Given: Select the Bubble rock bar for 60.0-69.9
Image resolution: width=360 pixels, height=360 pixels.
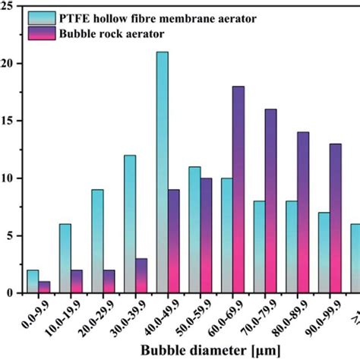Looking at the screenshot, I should click(238, 190).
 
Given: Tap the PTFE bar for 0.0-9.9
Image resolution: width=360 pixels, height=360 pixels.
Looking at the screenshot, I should click(33, 281).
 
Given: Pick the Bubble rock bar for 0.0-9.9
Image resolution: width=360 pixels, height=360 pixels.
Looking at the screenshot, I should click(44, 287).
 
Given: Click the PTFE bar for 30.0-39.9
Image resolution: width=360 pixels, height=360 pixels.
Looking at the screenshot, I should click(130, 224).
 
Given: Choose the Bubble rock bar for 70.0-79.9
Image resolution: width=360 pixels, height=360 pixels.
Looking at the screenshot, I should click(270, 201).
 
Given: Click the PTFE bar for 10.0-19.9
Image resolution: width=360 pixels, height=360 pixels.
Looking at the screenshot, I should click(65, 258).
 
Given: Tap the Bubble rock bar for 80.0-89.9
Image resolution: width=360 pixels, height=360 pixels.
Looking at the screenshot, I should click(302, 213).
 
